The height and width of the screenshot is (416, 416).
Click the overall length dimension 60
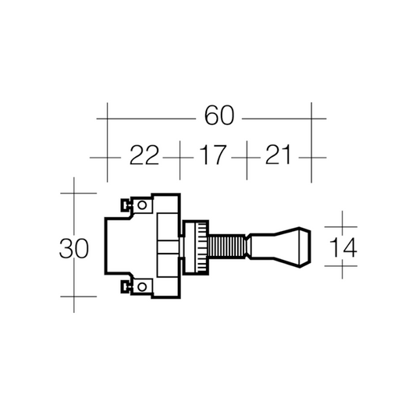(219, 116)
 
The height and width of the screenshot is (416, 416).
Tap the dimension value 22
(144, 155)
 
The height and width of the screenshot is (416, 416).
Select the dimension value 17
(213, 155)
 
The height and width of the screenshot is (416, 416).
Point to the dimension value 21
(278, 155)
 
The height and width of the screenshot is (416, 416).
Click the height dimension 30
(73, 248)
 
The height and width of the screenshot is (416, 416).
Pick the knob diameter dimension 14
(343, 247)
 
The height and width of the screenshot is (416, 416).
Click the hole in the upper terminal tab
(142, 204)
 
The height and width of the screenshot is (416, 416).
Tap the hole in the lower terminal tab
(142, 286)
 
